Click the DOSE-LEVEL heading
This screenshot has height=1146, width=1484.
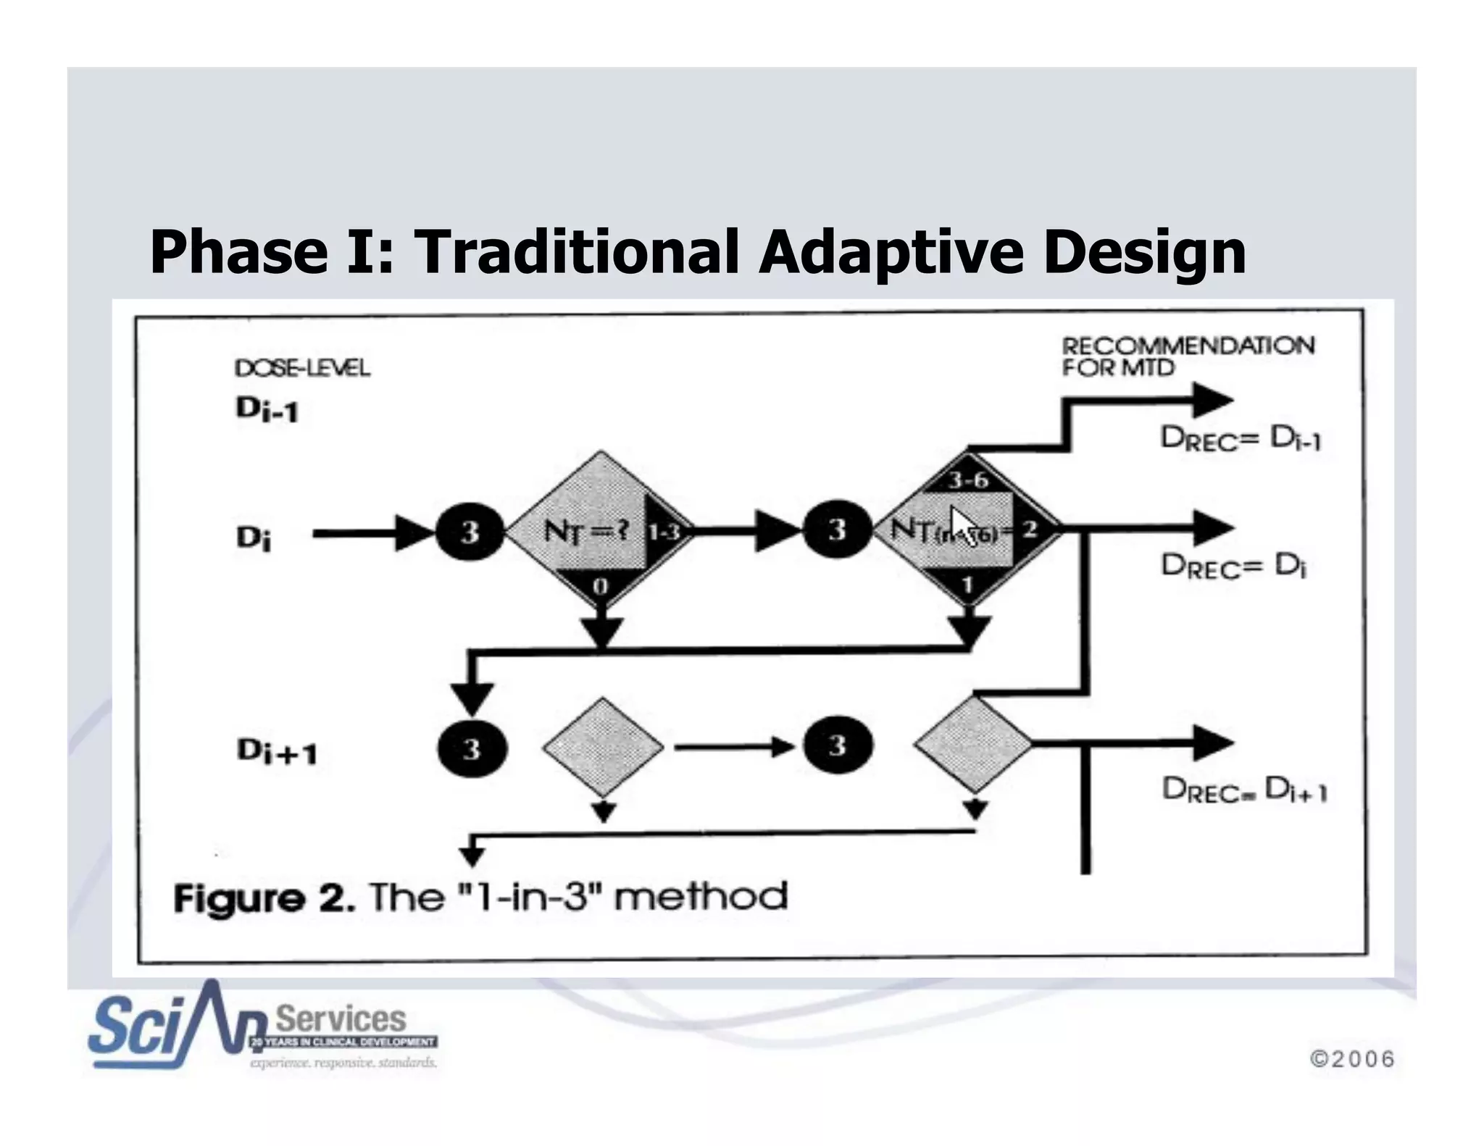click(x=302, y=368)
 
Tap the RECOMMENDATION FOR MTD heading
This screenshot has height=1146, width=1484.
click(x=1188, y=356)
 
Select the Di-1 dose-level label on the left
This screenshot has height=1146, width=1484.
click(x=267, y=411)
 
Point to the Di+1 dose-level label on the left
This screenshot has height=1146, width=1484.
click(x=277, y=751)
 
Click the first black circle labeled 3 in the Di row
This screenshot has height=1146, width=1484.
click(x=470, y=532)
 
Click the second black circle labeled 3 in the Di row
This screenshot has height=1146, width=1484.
click(x=837, y=530)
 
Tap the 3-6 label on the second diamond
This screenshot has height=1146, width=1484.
click(x=969, y=480)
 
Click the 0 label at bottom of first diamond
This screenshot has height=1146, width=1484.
click(x=601, y=585)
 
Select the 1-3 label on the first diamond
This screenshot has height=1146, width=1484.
click(x=663, y=532)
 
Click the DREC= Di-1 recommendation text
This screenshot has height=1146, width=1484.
click(x=1241, y=438)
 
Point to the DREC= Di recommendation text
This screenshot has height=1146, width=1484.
click(x=1233, y=565)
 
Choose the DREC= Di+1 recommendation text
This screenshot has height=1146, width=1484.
click(x=1244, y=790)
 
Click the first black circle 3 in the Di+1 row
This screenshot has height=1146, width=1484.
click(x=472, y=748)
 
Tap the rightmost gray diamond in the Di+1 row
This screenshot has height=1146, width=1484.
click(x=972, y=744)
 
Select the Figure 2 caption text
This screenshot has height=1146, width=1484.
click(x=480, y=898)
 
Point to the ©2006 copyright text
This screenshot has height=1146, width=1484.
click(x=1352, y=1059)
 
